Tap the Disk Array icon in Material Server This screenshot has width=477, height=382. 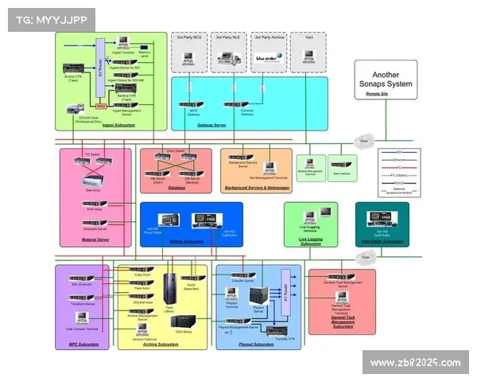pyautogui.click(x=94, y=180)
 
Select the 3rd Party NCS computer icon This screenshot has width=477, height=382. pyautogui.click(x=189, y=57)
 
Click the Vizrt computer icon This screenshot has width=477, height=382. pyautogui.click(x=308, y=57)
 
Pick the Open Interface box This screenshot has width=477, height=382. pyautogui.click(x=343, y=166)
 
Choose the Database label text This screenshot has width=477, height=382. pyautogui.click(x=176, y=189)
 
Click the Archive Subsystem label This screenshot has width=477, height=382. pyautogui.click(x=162, y=344)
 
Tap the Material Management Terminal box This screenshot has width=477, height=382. pyautogui.click(x=311, y=166)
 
